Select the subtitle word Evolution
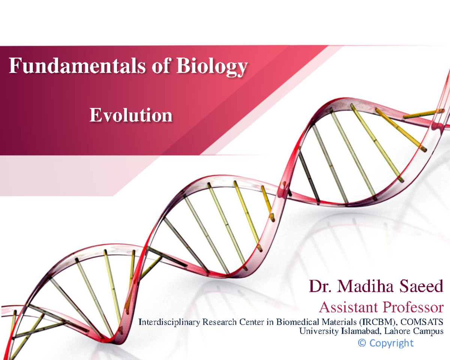coord(131,115)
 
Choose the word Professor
coord(413,308)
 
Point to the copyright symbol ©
coord(362,343)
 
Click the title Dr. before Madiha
coord(320,287)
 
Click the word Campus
coord(428,331)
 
